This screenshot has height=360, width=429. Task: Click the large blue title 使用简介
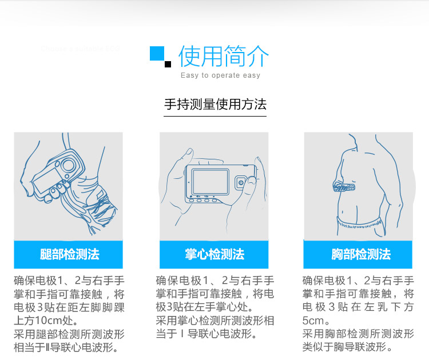click(224, 56)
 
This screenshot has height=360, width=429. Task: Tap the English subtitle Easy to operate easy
click(220, 75)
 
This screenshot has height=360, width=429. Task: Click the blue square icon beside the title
click(157, 53)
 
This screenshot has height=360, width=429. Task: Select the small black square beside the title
click(168, 64)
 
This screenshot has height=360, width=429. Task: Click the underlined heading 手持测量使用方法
click(215, 105)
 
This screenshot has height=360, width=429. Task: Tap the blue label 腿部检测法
click(69, 254)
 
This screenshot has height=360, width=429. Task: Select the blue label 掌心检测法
click(214, 254)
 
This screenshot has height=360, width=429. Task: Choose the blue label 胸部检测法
click(361, 254)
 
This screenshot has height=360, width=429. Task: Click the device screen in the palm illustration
click(210, 182)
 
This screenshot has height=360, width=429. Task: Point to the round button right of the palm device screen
click(241, 183)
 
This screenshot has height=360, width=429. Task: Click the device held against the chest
click(344, 187)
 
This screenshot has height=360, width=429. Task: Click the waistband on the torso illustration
click(359, 225)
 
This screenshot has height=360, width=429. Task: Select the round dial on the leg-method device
click(67, 165)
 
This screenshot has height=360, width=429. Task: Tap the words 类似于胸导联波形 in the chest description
click(344, 347)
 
